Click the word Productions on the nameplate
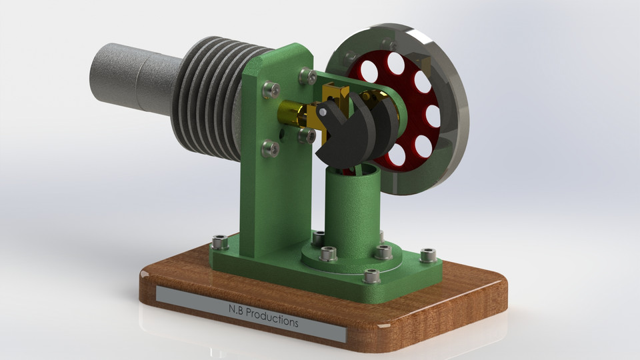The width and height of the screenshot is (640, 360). click(272, 317)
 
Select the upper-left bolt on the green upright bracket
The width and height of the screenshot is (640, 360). click(271, 89)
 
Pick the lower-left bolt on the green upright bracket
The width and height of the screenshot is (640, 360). click(270, 148)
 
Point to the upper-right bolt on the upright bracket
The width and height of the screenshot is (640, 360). click(307, 76)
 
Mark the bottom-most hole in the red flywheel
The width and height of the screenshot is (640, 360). click(397, 155)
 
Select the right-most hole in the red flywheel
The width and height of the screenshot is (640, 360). click(433, 116)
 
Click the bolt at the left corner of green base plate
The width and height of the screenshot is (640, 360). click(219, 243)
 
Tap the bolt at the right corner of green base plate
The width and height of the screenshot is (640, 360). click(428, 255)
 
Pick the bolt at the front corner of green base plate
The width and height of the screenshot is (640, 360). click(372, 276)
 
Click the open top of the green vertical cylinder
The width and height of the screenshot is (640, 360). click(353, 171)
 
